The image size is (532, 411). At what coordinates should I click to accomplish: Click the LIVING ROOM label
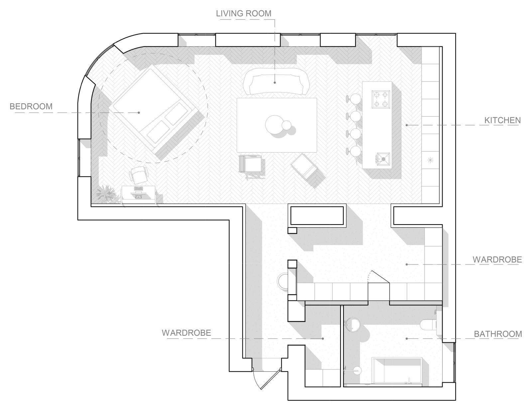[244, 13]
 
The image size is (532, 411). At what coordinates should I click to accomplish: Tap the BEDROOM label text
[31, 107]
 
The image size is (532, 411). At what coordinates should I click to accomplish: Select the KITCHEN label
[503, 121]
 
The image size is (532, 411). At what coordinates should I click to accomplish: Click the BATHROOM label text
[498, 334]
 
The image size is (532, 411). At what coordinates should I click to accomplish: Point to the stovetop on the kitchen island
[381, 99]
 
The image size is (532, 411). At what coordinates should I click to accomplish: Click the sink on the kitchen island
[383, 159]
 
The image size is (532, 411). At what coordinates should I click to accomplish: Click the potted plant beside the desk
[106, 194]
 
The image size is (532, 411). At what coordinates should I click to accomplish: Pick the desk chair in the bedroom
[139, 174]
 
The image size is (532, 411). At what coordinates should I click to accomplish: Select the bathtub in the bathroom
[396, 370]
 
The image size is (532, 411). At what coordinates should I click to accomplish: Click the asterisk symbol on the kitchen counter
[430, 161]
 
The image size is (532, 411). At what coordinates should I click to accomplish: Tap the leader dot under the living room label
[275, 83]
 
